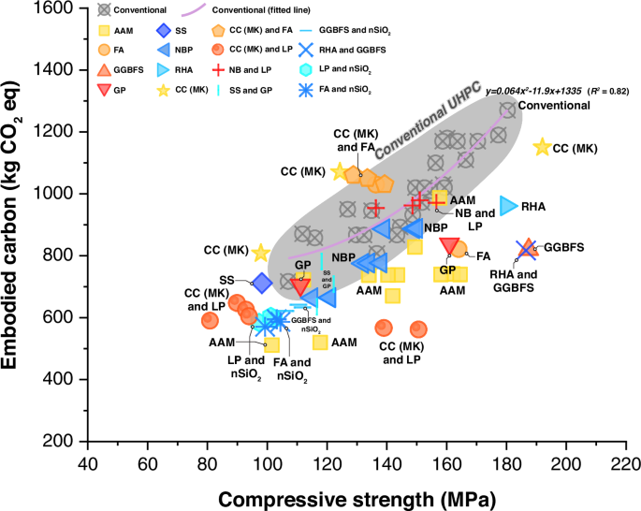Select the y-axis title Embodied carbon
click(x=21, y=224)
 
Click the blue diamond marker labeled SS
click(x=263, y=282)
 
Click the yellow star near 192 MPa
click(x=541, y=148)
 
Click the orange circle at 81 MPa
click(x=210, y=321)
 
